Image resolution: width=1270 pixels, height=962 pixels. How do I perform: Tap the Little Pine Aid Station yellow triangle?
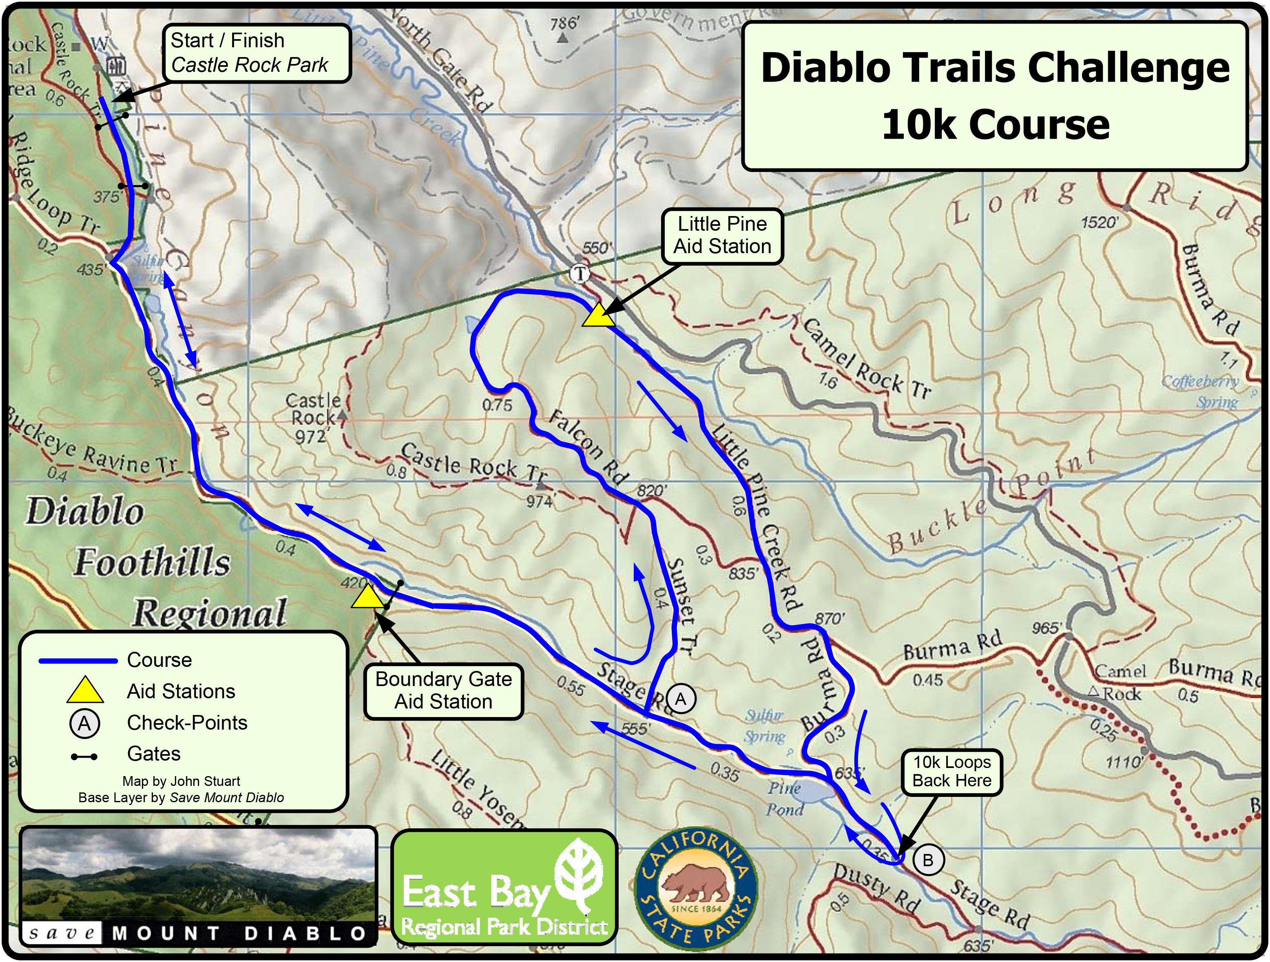point(597,316)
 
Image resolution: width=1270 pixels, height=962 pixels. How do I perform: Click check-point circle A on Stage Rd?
point(680,699)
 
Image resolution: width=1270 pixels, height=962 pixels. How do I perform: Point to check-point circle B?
point(927,860)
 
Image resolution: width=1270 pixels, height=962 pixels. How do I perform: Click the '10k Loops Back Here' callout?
point(951,772)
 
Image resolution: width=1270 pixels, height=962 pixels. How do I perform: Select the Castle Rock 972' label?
point(313,418)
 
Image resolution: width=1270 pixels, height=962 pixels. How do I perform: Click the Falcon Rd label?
point(587,448)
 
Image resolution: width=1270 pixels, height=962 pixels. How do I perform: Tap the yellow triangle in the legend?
point(85,691)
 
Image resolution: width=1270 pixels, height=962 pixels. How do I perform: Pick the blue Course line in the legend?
point(77,661)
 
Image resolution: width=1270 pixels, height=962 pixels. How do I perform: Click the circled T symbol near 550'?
point(580,274)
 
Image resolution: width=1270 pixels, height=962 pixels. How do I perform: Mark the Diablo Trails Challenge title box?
point(994,96)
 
